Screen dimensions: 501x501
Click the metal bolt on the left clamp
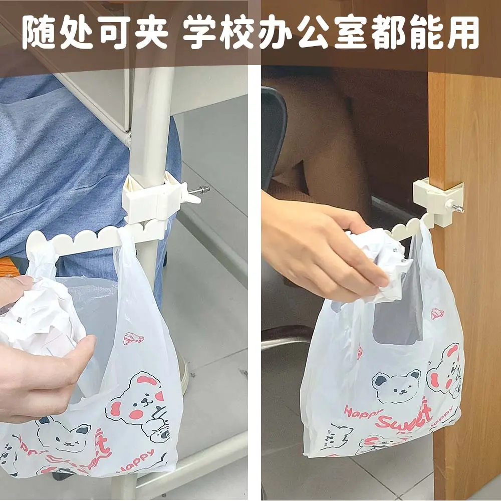[x=200, y=189]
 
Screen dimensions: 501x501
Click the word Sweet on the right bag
[x=403, y=416]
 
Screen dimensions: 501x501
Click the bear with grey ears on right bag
[x=396, y=385]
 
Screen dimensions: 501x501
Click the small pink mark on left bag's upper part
[x=133, y=338]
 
